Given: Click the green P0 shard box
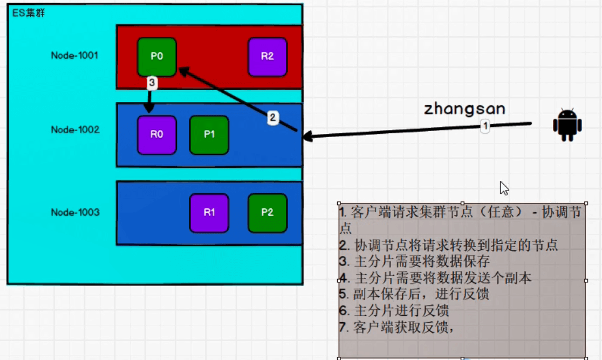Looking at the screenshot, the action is click(x=157, y=57).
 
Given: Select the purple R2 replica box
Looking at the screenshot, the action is click(x=268, y=57).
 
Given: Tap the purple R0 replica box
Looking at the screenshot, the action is click(x=157, y=134).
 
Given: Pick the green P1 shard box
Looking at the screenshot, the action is click(x=209, y=134).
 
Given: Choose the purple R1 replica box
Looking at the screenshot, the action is click(x=209, y=213).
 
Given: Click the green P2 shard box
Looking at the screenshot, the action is click(x=268, y=213).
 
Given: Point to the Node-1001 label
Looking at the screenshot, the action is click(x=74, y=56).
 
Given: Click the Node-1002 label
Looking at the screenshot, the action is click(x=76, y=130).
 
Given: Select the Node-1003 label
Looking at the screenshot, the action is click(x=76, y=212).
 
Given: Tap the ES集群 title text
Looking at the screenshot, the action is click(x=29, y=13).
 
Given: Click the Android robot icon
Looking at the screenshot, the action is click(x=567, y=125).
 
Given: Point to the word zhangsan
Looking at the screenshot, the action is click(x=464, y=108).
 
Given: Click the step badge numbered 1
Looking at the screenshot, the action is click(x=485, y=126).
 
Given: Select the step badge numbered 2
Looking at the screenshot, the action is click(x=272, y=118).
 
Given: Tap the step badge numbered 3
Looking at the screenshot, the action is click(x=152, y=83).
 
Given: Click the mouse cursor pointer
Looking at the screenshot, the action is click(x=504, y=188).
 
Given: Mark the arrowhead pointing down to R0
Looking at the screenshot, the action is click(x=149, y=108).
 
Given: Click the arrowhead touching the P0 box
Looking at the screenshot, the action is click(x=184, y=71).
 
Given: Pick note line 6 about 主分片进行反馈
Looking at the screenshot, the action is click(x=394, y=310).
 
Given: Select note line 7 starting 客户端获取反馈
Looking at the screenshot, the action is click(x=397, y=327).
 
